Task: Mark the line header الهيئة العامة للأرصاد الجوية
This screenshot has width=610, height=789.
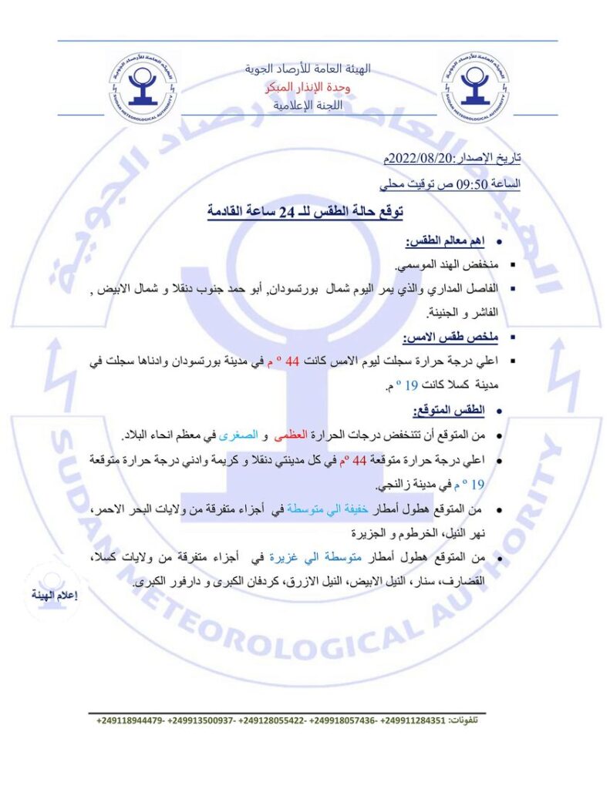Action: coord(308,69)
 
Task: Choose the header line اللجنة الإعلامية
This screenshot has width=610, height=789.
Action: coord(308,106)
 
